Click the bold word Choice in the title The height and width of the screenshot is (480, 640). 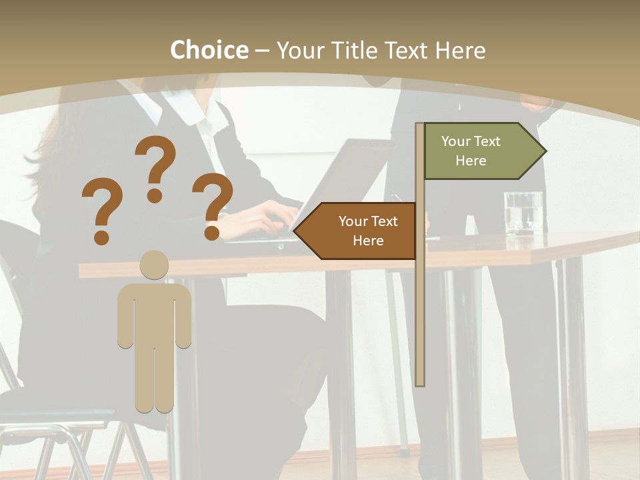coord(209,50)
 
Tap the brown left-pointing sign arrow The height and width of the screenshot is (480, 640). coord(357,231)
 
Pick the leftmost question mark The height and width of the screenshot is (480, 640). coord(102,210)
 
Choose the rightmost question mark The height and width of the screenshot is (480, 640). coord(213,205)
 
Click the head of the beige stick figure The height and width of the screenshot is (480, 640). coord(154,265)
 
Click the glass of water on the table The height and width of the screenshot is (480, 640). coord(523,213)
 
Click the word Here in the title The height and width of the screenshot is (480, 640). coord(460,50)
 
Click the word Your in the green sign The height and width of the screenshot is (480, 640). coord(455,141)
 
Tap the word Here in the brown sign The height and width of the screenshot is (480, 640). coord(368,241)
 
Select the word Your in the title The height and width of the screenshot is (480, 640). coord(299,50)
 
